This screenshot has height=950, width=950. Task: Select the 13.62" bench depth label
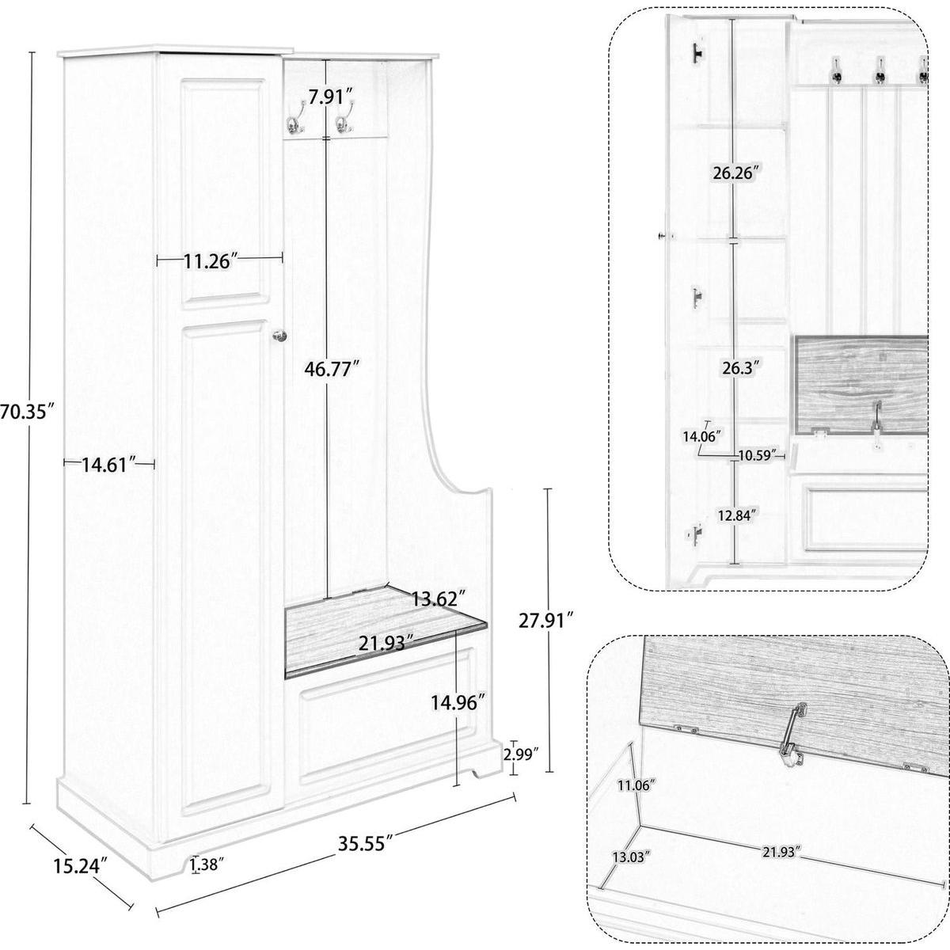point(439,599)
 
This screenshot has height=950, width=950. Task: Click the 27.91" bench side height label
point(547,620)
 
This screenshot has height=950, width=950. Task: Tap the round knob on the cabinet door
point(279,336)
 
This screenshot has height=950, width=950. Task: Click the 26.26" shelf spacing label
point(735,173)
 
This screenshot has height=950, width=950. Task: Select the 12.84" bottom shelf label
point(736,515)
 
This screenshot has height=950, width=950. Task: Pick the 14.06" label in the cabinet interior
point(702,435)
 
